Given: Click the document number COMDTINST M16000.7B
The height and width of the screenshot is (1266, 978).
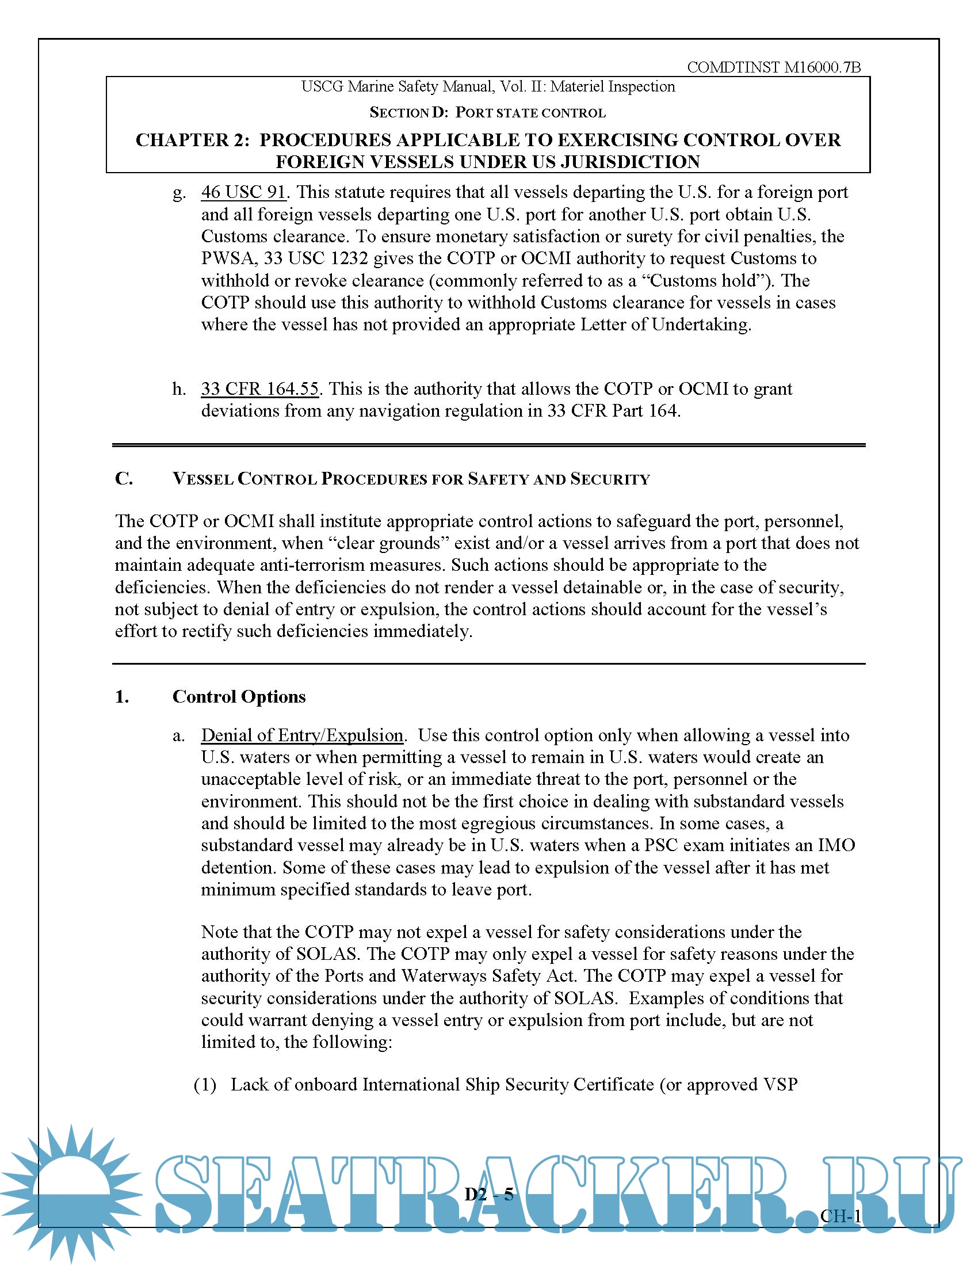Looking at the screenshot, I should click(773, 67).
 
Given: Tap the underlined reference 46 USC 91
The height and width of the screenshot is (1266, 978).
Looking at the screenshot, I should click(243, 192).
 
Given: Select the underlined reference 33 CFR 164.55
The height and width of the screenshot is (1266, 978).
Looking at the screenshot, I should click(259, 388).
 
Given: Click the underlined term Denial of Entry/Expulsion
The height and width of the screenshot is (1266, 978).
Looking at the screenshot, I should click(302, 735).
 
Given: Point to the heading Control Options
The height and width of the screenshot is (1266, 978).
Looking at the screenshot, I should click(239, 696).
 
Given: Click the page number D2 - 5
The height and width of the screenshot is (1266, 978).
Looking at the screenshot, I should click(489, 1194).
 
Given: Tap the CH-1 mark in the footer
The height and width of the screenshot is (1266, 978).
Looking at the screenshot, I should click(840, 1215).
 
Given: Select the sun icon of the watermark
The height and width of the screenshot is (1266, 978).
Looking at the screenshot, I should click(70, 1194).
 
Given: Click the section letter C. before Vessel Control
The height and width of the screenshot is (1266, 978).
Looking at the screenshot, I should click(124, 478).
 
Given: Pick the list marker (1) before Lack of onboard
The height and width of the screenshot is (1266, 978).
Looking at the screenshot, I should click(205, 1084).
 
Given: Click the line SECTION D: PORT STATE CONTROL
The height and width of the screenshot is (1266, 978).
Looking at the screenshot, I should click(487, 112).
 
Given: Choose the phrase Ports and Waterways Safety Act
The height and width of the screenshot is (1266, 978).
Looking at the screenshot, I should click(450, 975).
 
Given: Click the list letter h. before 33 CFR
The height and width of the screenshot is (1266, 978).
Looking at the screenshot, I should click(179, 388).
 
